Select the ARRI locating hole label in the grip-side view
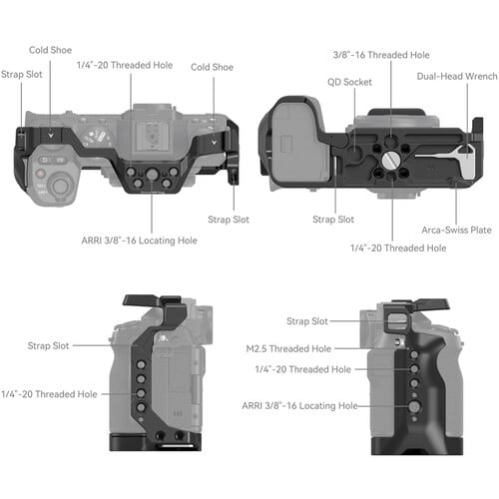pos(298,406)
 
